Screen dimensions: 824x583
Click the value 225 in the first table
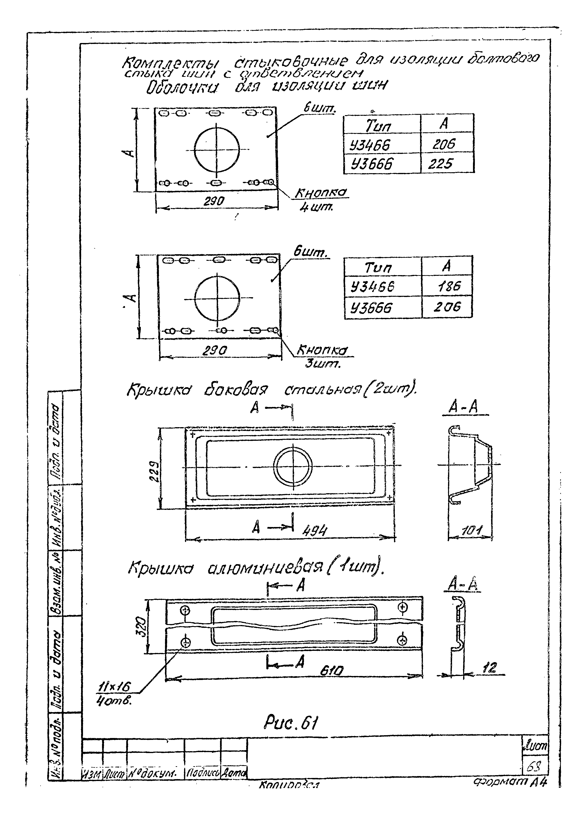[x=441, y=164]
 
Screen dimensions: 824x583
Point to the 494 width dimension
[x=315, y=530]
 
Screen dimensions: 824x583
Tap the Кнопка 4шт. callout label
[x=321, y=199]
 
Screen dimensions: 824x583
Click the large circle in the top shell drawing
[x=217, y=148]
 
